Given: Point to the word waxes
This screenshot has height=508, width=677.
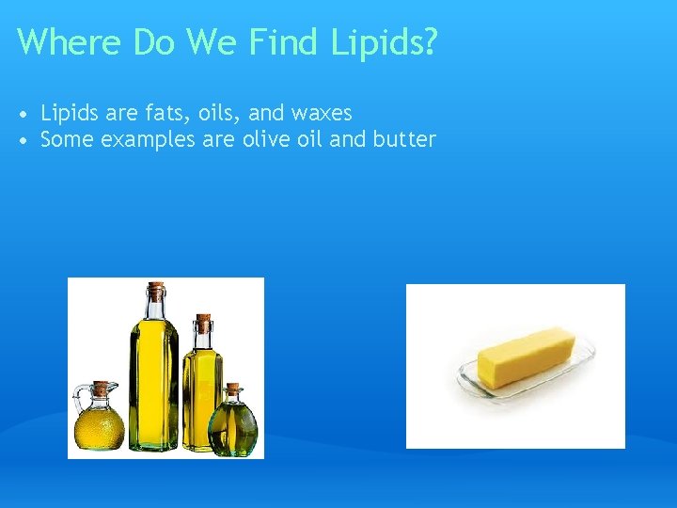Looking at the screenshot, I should (322, 114).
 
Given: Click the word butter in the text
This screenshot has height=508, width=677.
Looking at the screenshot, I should (405, 140).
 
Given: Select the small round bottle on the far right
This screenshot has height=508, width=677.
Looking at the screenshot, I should (232, 423).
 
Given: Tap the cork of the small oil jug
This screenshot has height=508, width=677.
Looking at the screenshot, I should (102, 388).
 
